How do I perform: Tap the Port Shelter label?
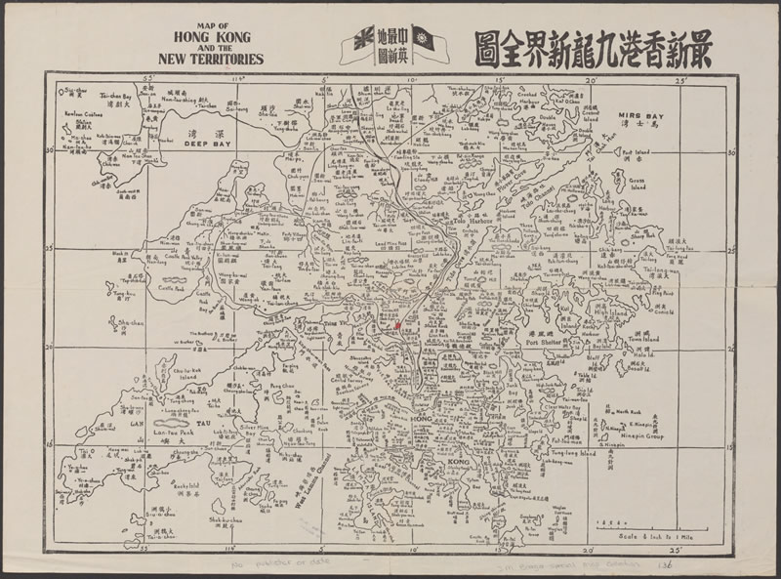pos(545,343)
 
